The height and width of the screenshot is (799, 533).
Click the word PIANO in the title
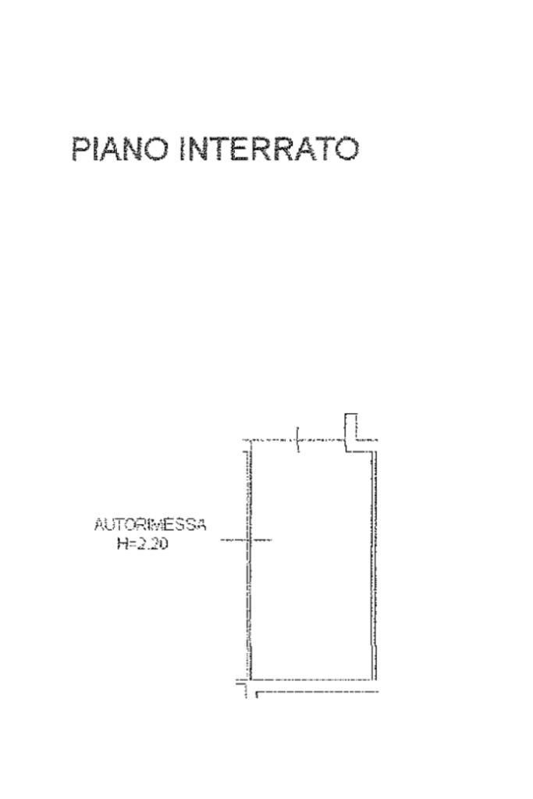tap(121, 148)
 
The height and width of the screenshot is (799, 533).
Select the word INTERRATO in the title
tap(269, 148)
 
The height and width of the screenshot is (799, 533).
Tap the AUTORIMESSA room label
tap(150, 525)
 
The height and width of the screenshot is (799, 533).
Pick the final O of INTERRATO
tap(345, 148)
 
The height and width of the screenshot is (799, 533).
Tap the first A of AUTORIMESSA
tap(99, 525)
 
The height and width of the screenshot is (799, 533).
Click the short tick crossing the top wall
tap(297, 440)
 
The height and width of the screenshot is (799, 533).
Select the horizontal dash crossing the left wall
tap(245, 540)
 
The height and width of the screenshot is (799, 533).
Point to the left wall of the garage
tap(249, 594)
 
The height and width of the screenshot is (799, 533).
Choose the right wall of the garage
tap(374, 562)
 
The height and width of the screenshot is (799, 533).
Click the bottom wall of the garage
tap(312, 680)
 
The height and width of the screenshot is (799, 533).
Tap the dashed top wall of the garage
tap(273, 441)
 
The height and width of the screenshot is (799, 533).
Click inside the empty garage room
tap(312, 562)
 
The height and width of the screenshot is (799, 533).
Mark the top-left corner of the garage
tap(248, 441)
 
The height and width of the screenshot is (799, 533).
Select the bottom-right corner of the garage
tap(374, 680)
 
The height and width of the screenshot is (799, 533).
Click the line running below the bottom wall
tap(316, 692)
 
